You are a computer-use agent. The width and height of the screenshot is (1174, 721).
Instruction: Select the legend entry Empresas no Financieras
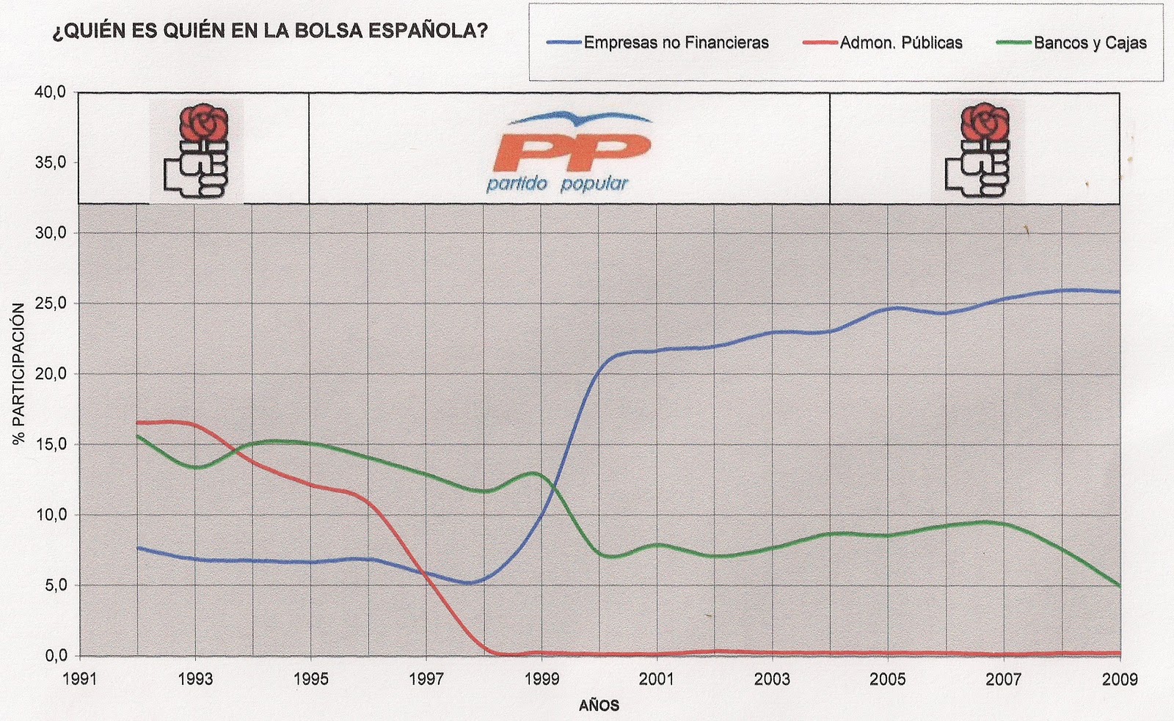676,43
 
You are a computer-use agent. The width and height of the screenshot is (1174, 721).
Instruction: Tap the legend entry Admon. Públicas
901,43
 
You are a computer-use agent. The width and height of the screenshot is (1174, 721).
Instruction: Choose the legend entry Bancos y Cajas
1090,43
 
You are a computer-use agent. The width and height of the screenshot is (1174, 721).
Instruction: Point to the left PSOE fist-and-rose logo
197,152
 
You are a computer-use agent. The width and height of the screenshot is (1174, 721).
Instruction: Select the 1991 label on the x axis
80,679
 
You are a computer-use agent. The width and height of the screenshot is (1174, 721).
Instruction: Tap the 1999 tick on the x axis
542,679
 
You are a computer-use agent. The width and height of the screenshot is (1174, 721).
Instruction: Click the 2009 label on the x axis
1118,679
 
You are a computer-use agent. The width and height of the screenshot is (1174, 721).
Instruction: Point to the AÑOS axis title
599,706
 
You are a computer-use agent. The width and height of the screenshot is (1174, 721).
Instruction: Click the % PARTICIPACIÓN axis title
19,374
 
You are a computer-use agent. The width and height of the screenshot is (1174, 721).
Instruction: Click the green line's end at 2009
1119,585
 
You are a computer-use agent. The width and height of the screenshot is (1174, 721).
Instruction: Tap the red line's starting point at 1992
138,422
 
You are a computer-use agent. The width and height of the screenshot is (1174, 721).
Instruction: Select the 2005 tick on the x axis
888,679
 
